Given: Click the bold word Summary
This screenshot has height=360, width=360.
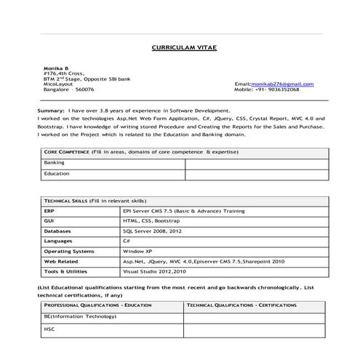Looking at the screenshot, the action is coord(51,110).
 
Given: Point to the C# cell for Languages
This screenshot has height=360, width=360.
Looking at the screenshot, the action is coord(127,240).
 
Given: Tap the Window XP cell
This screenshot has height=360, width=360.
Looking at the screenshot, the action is coord(137,250).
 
